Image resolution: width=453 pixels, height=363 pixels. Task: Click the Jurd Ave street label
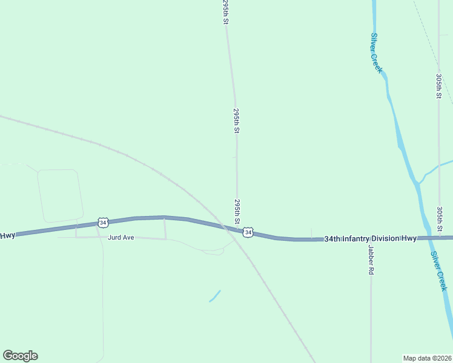coord(121,238)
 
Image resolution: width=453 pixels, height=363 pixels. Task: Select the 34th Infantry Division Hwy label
coord(370,238)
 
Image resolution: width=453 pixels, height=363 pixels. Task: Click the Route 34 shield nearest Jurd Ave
coord(104,223)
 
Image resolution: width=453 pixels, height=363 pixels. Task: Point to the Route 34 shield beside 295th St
coord(248,232)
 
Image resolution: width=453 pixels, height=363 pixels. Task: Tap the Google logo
coord(20,356)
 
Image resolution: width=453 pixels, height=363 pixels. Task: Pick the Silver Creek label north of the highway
coord(377,53)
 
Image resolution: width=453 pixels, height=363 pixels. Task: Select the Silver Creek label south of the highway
coord(438,271)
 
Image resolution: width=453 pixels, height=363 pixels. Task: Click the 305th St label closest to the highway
coord(440,218)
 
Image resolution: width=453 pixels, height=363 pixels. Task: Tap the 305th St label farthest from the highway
coord(439,86)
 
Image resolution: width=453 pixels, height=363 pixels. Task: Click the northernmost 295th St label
coord(226,12)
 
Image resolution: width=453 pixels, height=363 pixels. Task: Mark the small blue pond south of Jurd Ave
coord(214,296)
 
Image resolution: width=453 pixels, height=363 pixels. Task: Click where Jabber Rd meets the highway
coord(371,239)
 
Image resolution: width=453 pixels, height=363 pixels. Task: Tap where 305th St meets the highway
coord(439,237)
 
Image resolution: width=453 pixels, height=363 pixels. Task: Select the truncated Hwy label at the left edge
coord(7,235)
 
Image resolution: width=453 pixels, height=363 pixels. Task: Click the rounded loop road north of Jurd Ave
coord(60,195)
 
